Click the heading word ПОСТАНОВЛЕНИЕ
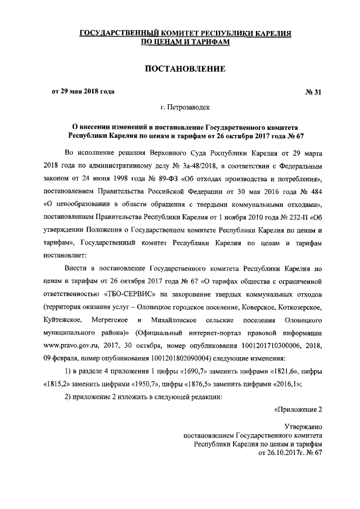pyautogui.click(x=185, y=69)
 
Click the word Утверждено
pyautogui.click(x=303, y=427)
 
